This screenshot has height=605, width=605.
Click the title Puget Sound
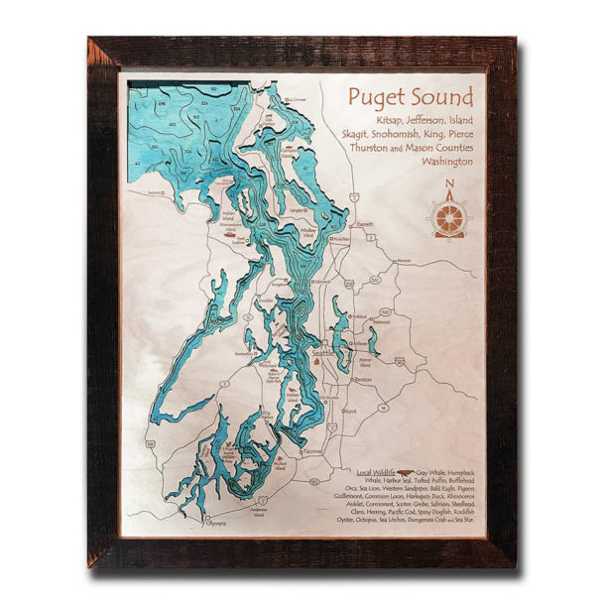tap(408, 96)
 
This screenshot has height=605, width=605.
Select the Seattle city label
tap(323, 353)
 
